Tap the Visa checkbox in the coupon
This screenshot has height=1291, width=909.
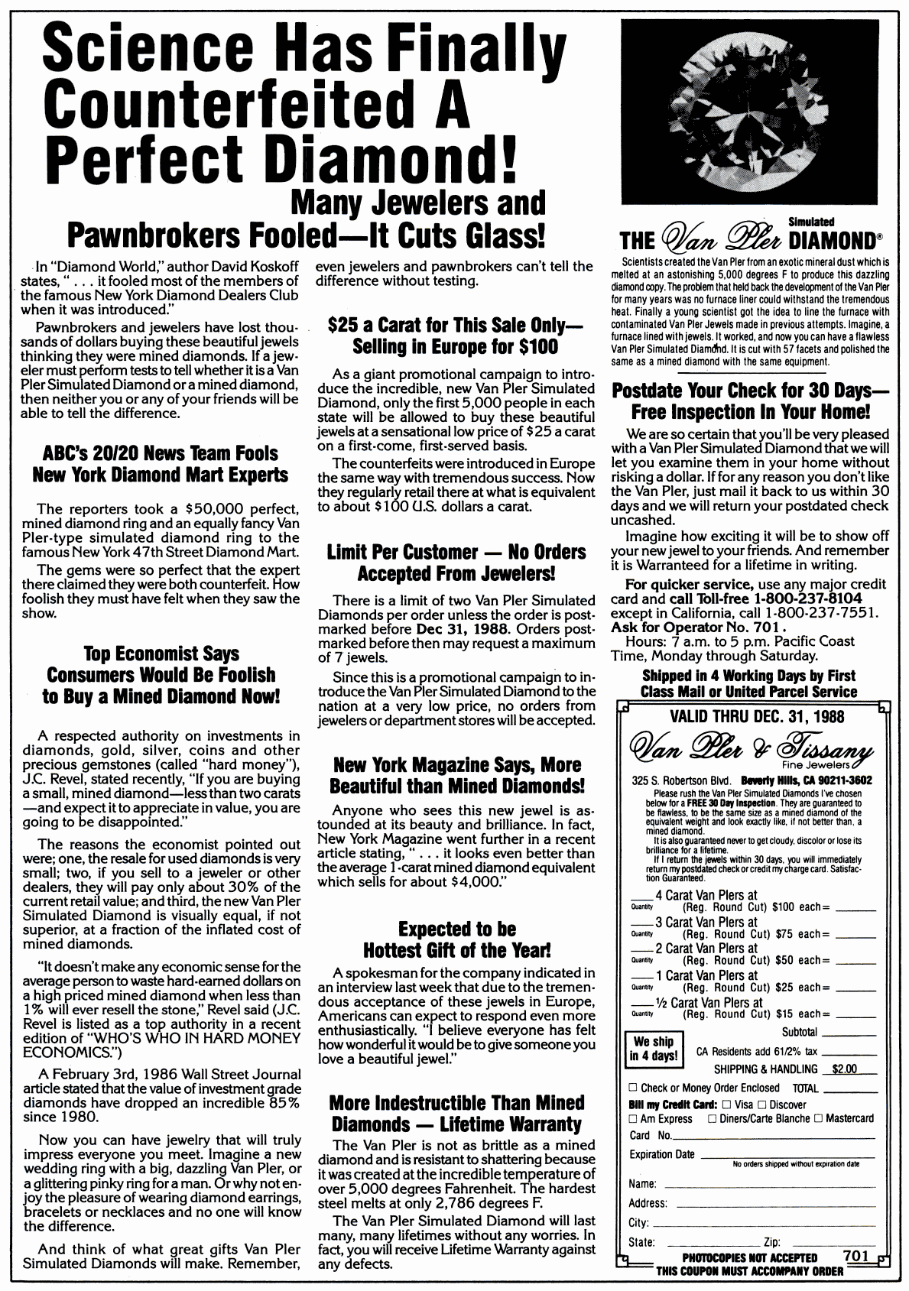coord(727,1104)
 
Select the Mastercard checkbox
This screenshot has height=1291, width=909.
coord(818,1119)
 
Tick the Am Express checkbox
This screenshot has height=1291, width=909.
coord(633,1119)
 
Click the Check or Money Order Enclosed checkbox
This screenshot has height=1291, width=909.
coord(633,1088)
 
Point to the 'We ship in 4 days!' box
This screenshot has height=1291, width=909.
coord(653,1049)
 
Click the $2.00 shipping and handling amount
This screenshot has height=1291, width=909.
coord(844,1069)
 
